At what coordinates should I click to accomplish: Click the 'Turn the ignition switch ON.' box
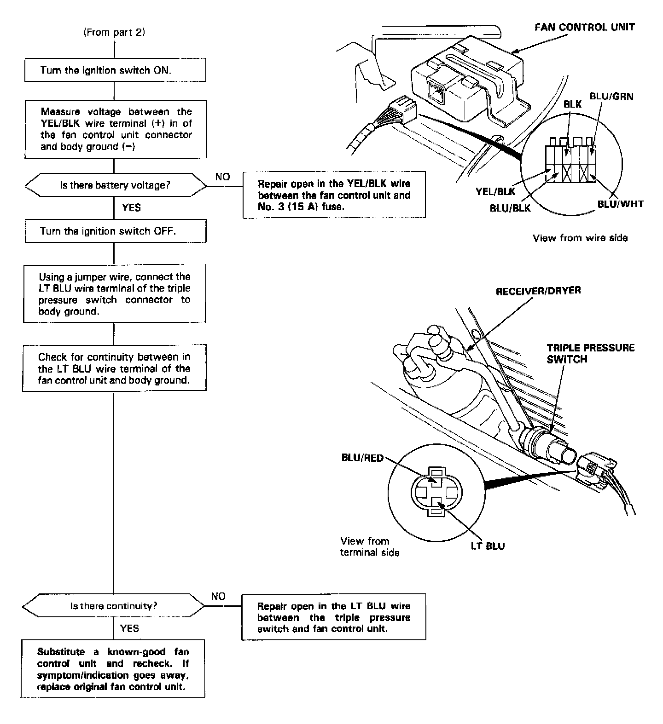coord(115,70)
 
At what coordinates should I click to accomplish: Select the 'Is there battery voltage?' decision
coord(115,185)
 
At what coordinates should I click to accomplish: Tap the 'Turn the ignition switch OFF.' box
coord(115,231)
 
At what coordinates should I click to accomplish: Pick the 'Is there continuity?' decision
coord(113,606)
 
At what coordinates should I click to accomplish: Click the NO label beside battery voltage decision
coord(222,177)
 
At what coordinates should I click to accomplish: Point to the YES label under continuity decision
coord(129,628)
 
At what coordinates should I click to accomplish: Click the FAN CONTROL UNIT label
coord(584,27)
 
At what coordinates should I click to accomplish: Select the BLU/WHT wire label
coord(620,204)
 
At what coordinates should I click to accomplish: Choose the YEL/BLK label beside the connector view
coord(496,192)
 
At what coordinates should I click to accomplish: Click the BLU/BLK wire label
coord(510,208)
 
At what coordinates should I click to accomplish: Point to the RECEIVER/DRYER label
coord(538,291)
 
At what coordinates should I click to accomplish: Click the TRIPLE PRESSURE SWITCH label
coord(590,353)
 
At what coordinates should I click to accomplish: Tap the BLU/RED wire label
coord(362,458)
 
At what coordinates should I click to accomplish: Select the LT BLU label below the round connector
coord(488,546)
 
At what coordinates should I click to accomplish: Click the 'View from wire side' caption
coord(580,238)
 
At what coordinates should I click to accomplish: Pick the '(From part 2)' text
coord(114,33)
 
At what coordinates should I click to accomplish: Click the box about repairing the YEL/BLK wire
coord(334,195)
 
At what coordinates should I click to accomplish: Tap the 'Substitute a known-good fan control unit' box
coord(113,669)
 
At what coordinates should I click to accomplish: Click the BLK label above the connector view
coord(572,104)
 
